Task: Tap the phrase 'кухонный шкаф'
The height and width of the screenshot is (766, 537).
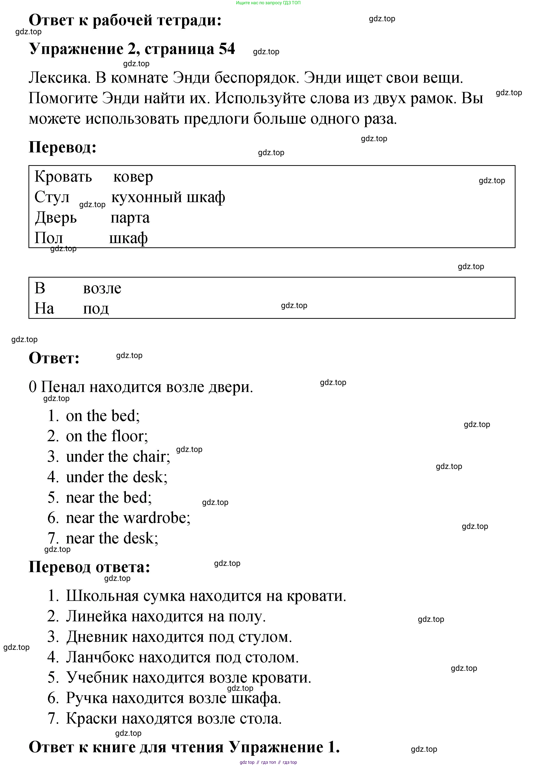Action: pyautogui.click(x=168, y=197)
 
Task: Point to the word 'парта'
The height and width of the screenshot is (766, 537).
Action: pyautogui.click(x=130, y=218)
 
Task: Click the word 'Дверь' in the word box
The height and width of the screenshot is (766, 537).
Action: pyautogui.click(x=56, y=218)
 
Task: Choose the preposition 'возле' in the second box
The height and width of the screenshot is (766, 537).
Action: pyautogui.click(x=102, y=288)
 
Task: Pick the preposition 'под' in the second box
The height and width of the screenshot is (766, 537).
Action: pyautogui.click(x=96, y=309)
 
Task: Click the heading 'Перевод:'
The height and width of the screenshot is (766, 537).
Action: pyautogui.click(x=62, y=147)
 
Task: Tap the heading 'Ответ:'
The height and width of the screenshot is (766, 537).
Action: pyautogui.click(x=54, y=358)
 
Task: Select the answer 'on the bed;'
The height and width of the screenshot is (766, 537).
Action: pyautogui.click(x=103, y=416)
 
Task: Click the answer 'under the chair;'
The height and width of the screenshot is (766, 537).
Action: pyautogui.click(x=118, y=456)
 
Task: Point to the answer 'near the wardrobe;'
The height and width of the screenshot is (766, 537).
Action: pyautogui.click(x=128, y=518)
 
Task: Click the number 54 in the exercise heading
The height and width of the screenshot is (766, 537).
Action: pyautogui.click(x=227, y=49)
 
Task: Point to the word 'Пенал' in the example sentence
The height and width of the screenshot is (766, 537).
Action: pyautogui.click(x=63, y=387)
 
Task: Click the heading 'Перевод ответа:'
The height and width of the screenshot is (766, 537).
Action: pyautogui.click(x=89, y=567)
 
